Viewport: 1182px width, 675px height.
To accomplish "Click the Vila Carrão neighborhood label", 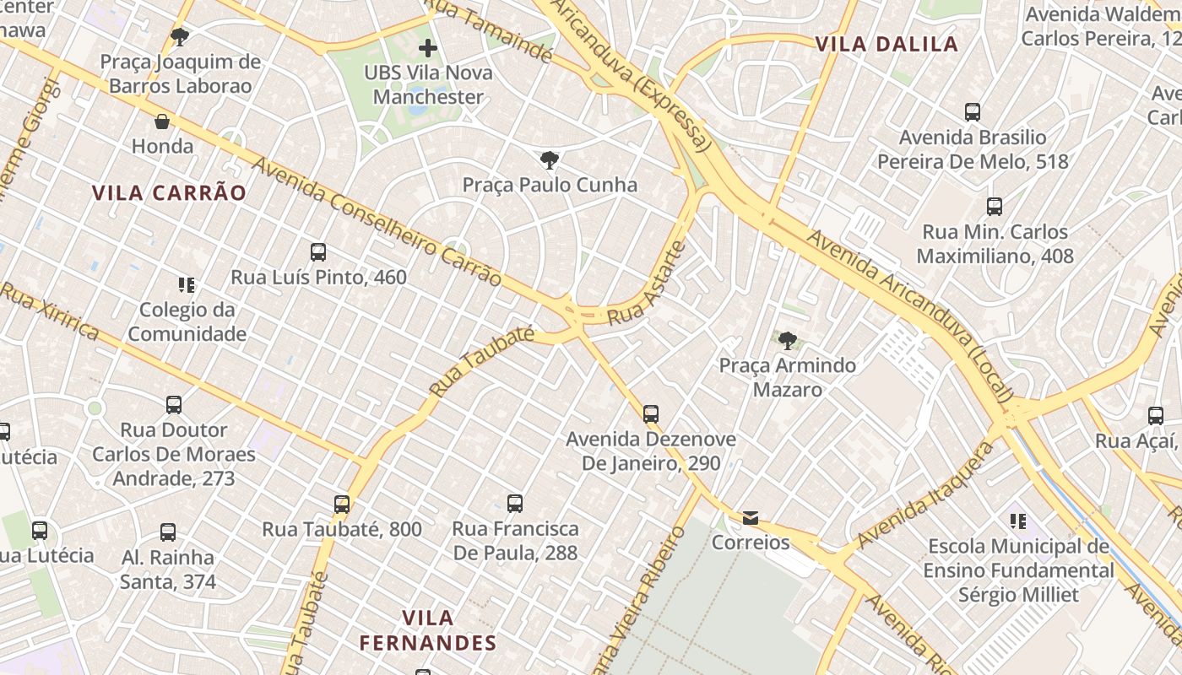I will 169,193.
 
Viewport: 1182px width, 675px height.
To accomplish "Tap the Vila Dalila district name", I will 886,44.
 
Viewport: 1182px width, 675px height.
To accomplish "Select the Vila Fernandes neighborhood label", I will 428,630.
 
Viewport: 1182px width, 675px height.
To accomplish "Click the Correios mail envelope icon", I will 751,518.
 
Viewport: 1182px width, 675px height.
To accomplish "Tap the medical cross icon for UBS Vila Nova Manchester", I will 428,48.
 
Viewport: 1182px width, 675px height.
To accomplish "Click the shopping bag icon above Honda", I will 162,122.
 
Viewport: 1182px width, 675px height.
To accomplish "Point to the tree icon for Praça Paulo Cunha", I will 550,160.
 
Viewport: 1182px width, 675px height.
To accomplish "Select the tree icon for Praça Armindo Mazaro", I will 788,341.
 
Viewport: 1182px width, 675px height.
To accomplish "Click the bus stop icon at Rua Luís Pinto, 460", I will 318,252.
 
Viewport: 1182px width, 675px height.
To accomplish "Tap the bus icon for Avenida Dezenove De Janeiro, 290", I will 651,414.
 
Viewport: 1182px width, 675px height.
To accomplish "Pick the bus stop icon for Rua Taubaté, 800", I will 342,505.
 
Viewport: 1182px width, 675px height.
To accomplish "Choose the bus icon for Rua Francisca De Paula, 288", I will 515,504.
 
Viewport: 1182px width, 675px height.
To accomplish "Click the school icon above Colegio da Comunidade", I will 187,285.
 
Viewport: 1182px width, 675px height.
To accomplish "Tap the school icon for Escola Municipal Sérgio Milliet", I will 1017,521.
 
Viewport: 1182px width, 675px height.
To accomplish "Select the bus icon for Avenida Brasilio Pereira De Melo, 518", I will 973,112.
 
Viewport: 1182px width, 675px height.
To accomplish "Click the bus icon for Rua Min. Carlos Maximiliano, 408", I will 995,207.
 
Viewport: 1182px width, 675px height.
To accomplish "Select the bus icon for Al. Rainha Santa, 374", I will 168,532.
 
